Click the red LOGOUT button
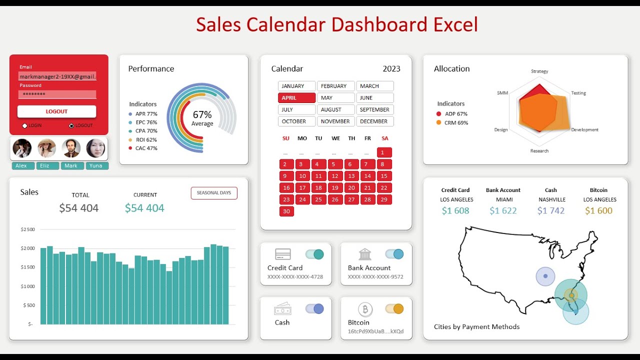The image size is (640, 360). tap(56, 111)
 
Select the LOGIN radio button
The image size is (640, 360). tap(25, 125)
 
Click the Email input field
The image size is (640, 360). tap(57, 76)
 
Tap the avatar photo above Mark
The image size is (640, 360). tap(71, 148)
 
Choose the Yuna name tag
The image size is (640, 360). tap(96, 166)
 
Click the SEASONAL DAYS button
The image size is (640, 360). tap(214, 193)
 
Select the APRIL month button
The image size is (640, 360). tap(296, 98)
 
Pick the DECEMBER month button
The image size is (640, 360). tap(374, 121)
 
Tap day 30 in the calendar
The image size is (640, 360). tap(286, 211)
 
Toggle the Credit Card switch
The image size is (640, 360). tap(314, 254)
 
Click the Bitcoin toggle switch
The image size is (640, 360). tap(394, 309)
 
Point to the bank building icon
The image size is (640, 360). tap(365, 254)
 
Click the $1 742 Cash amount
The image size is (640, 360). tap(550, 211)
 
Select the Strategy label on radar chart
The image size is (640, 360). tap(539, 71)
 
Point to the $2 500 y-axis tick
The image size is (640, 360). tap(28, 229)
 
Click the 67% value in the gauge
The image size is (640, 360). tap(202, 115)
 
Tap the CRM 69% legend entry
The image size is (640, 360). tap(456, 123)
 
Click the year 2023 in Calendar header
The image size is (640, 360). tap(391, 69)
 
